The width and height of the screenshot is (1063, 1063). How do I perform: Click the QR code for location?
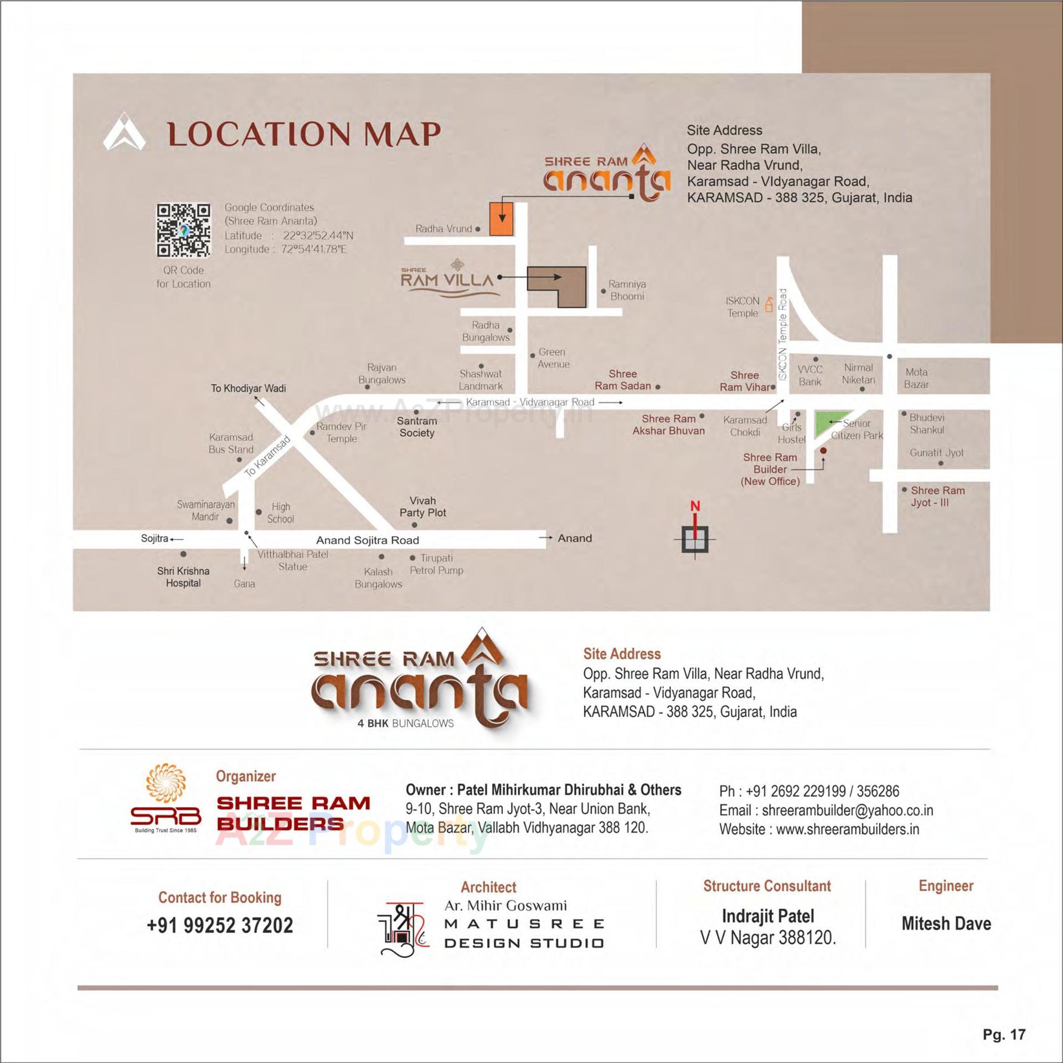coord(183,230)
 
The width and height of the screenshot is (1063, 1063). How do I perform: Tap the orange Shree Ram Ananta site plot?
coord(502,219)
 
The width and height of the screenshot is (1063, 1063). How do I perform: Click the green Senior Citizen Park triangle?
coord(828,424)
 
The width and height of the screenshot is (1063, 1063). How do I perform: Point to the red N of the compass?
coord(695,505)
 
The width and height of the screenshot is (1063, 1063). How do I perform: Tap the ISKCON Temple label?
coord(742,307)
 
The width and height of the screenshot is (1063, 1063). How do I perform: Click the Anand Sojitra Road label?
coord(367,540)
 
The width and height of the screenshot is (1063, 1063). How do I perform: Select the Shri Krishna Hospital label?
coord(183,576)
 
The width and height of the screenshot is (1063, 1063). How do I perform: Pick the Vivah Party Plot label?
coord(422,507)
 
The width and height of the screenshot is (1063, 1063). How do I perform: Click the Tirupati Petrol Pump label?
coord(437,564)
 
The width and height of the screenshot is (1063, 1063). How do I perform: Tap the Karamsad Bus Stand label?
coord(231,443)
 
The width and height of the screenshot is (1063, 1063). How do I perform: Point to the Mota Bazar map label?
coord(916,378)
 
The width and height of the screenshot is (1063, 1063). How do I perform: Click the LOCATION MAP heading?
coord(304,134)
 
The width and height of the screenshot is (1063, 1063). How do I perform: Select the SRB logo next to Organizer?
coord(166,798)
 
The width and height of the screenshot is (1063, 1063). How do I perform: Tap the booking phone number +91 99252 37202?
coord(220,926)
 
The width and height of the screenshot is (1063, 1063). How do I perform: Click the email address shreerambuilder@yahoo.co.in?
coord(847,810)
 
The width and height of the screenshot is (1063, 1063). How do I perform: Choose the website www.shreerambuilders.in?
coord(847,829)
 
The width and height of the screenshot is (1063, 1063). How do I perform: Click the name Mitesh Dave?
coord(946,923)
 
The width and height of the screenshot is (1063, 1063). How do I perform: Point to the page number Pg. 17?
coord(1004,1034)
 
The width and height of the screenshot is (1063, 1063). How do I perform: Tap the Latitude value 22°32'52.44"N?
coord(318,235)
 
